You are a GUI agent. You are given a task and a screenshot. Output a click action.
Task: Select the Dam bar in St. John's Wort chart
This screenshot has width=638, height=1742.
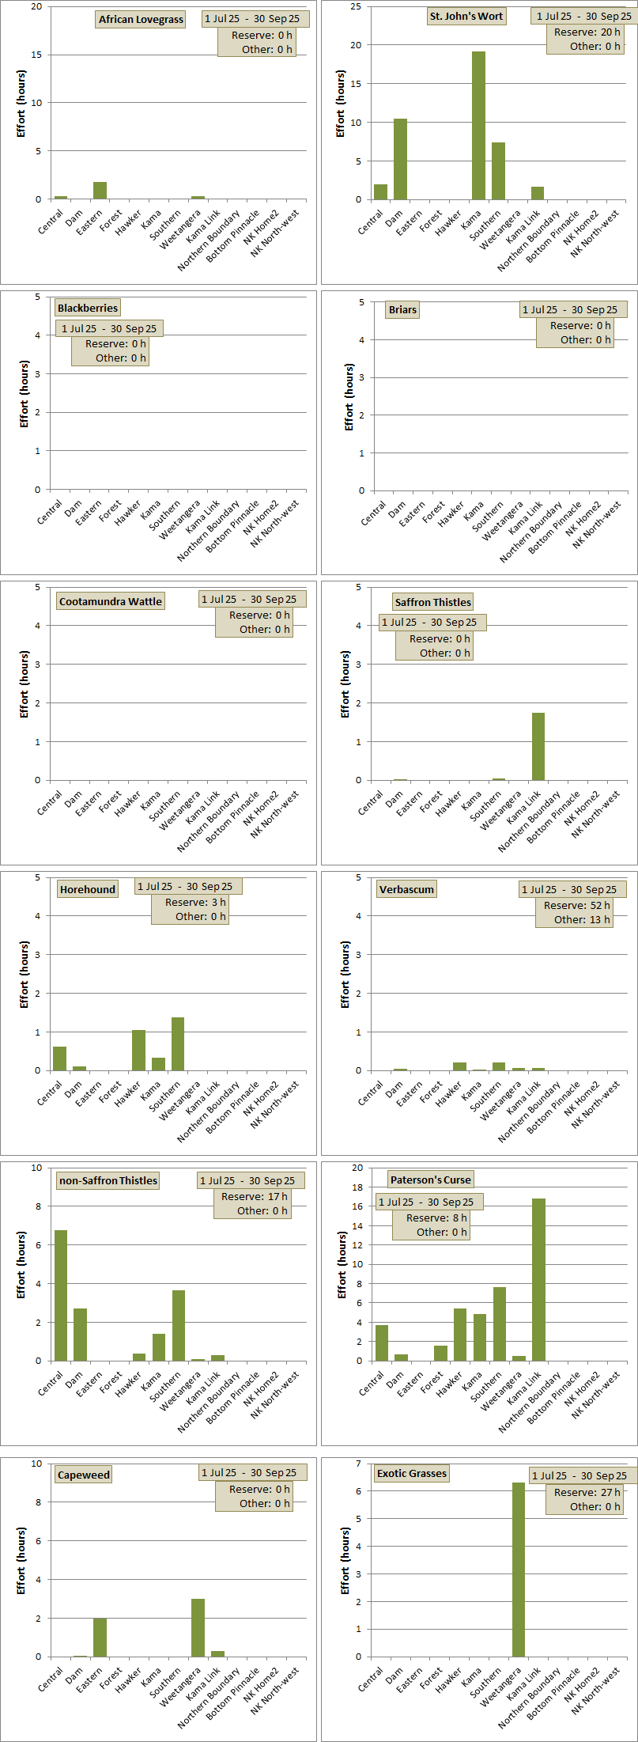coord(400,158)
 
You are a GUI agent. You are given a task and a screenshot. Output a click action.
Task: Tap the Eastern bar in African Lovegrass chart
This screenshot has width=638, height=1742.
coord(100,191)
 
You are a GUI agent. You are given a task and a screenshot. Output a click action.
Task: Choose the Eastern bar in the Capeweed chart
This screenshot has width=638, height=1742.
coord(100,1637)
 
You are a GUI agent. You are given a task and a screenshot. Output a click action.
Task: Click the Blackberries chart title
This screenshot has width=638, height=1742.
coord(88,308)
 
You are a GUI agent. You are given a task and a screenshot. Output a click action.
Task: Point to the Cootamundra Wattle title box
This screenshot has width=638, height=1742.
coord(111,601)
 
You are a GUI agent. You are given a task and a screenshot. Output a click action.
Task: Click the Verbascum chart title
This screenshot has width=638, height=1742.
coord(406,889)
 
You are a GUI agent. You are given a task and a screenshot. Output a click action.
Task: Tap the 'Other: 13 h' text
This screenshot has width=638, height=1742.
coord(582,919)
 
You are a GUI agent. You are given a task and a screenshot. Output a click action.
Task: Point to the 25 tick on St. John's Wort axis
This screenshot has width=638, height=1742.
coord(356,6)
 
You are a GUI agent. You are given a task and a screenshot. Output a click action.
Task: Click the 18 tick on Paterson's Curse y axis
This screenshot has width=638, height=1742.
coord(357,1187)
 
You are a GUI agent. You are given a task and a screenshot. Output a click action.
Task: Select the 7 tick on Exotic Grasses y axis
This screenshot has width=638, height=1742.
coord(359,1464)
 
